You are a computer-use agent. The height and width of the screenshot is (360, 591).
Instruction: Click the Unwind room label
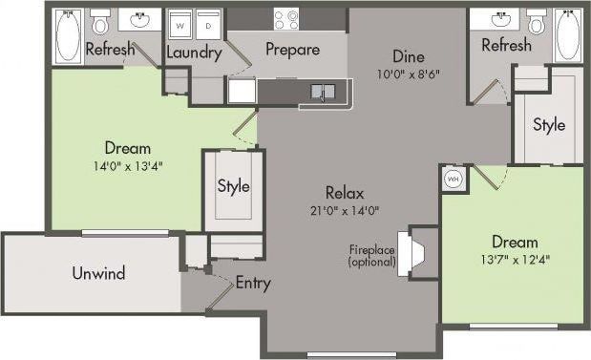(x=98, y=274)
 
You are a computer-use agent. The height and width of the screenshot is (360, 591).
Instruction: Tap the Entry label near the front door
(x=252, y=284)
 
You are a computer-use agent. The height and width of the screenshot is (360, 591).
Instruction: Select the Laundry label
(x=194, y=53)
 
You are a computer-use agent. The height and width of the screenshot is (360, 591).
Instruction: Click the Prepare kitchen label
(x=292, y=50)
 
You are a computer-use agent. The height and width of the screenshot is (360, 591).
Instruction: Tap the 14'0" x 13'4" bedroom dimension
(x=128, y=165)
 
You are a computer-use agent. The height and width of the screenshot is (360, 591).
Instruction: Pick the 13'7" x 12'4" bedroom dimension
(x=515, y=259)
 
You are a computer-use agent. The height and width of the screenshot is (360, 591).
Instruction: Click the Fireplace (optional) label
(x=371, y=256)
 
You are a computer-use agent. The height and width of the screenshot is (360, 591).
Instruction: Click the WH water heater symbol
(x=453, y=179)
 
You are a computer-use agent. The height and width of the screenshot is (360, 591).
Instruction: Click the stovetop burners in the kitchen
(x=285, y=18)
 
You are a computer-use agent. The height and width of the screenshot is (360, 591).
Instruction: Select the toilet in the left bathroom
(x=101, y=23)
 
